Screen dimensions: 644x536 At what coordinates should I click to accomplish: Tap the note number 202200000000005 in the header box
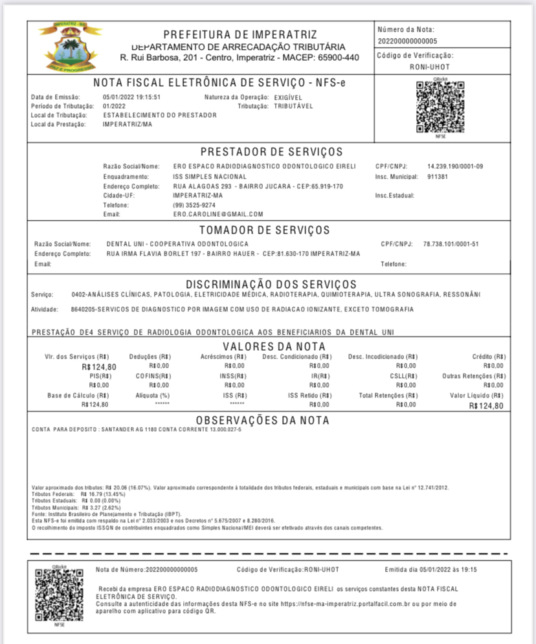coord(407,41)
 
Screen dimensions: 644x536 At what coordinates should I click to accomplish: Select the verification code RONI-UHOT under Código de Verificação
coord(430,67)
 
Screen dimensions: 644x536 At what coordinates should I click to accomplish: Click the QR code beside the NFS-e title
coord(440,108)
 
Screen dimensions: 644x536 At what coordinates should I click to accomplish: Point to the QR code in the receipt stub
coord(60,596)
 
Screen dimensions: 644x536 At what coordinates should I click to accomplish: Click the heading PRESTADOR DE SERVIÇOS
coord(271,152)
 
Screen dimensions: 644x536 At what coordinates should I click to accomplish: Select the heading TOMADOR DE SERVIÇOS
coord(264,230)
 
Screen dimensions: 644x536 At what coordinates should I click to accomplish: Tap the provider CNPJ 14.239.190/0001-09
coord(455,166)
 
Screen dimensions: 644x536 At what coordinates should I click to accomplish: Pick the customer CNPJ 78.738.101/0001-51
coord(451,244)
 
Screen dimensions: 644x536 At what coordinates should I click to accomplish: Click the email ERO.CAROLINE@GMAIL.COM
coord(218,214)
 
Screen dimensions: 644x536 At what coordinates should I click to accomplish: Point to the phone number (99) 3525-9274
coord(195,205)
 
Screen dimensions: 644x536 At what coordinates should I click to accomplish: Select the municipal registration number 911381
coord(438,176)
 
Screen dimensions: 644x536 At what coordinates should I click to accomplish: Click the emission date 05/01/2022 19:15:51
coord(131,97)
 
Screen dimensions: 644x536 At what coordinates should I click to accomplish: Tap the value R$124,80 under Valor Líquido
coord(487,406)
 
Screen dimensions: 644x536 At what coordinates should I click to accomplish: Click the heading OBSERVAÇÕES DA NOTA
coord(262,421)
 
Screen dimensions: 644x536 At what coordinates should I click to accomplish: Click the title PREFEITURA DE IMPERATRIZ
coord(240,34)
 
